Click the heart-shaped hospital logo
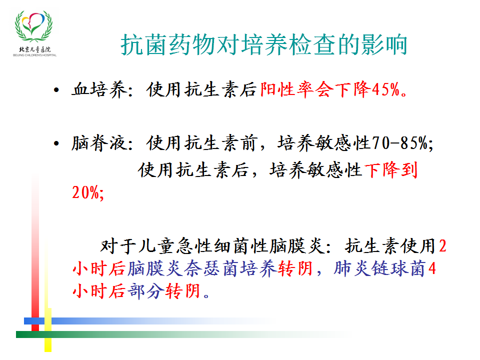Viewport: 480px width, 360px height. click(x=33, y=26)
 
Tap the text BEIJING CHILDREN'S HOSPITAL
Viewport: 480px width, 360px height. click(x=34, y=55)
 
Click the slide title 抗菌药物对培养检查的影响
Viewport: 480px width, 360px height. click(x=263, y=44)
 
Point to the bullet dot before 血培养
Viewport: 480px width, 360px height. click(x=56, y=90)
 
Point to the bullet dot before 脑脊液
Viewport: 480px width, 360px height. click(x=56, y=143)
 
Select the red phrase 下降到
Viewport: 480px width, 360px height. click(x=391, y=170)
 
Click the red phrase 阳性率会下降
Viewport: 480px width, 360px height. click(x=315, y=89)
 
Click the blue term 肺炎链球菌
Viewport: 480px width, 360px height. click(x=379, y=269)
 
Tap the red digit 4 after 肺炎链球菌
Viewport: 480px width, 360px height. click(x=432, y=269)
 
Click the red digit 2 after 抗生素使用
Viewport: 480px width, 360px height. click(x=442, y=246)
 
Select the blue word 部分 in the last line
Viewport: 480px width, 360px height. click(x=145, y=291)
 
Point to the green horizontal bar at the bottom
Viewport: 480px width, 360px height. click(x=183, y=334)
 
